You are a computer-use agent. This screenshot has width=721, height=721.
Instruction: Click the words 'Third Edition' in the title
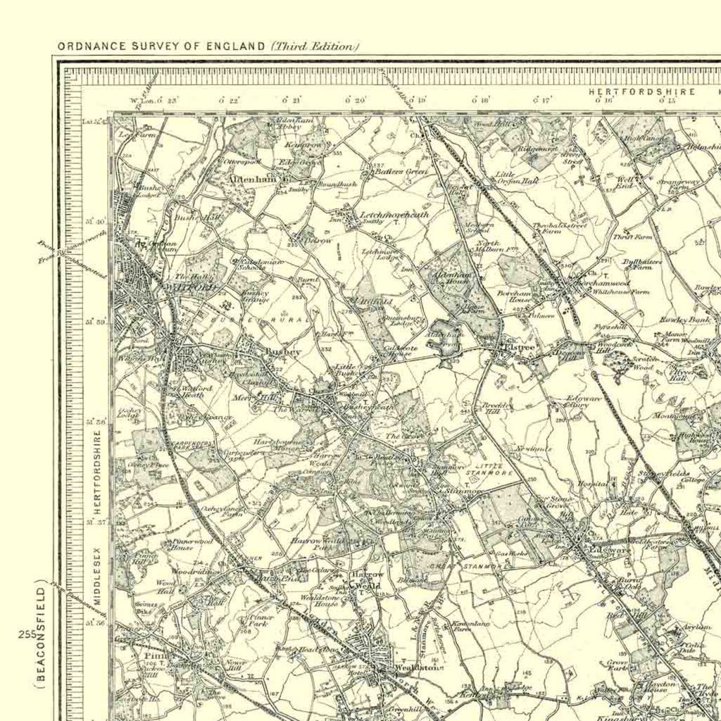click(315, 46)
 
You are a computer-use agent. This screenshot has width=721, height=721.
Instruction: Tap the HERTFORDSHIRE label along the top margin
click(642, 92)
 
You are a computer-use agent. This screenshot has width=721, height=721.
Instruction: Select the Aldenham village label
click(251, 180)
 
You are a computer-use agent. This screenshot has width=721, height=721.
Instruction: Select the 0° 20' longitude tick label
click(356, 101)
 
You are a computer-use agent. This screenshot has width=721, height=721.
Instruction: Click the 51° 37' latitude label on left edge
click(96, 522)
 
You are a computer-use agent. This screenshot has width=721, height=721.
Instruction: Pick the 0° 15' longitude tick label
click(666, 101)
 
